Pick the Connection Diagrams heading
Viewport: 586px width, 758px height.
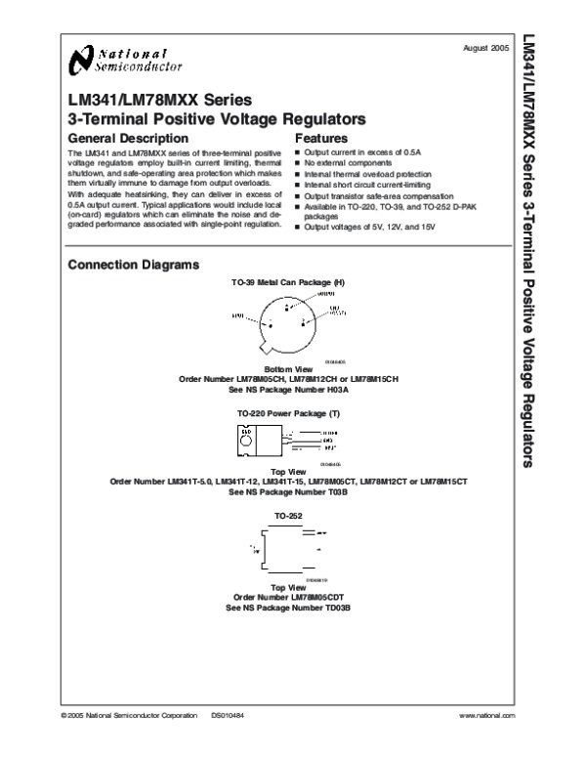(134, 266)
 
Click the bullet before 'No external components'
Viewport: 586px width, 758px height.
(299, 163)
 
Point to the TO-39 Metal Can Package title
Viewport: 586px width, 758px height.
(288, 282)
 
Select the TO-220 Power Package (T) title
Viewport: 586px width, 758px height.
(288, 414)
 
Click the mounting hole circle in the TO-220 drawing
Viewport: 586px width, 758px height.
(247, 431)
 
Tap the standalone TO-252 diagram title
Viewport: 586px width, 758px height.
(288, 514)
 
